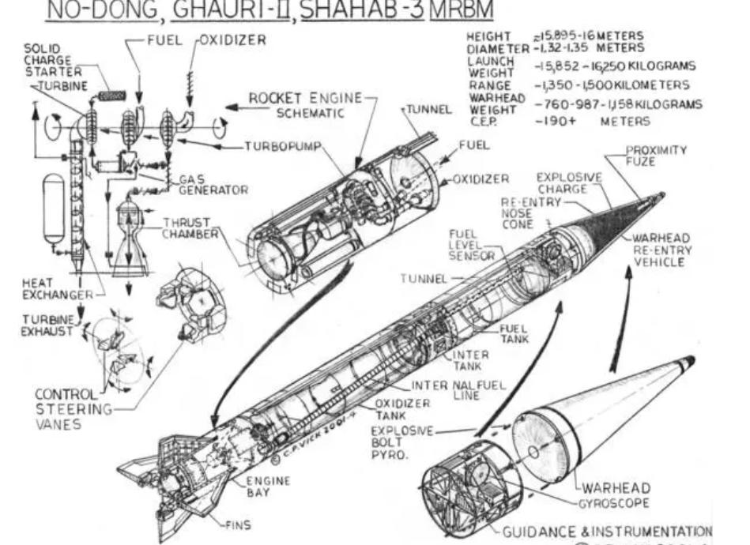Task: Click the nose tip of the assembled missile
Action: coord(662,194)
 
